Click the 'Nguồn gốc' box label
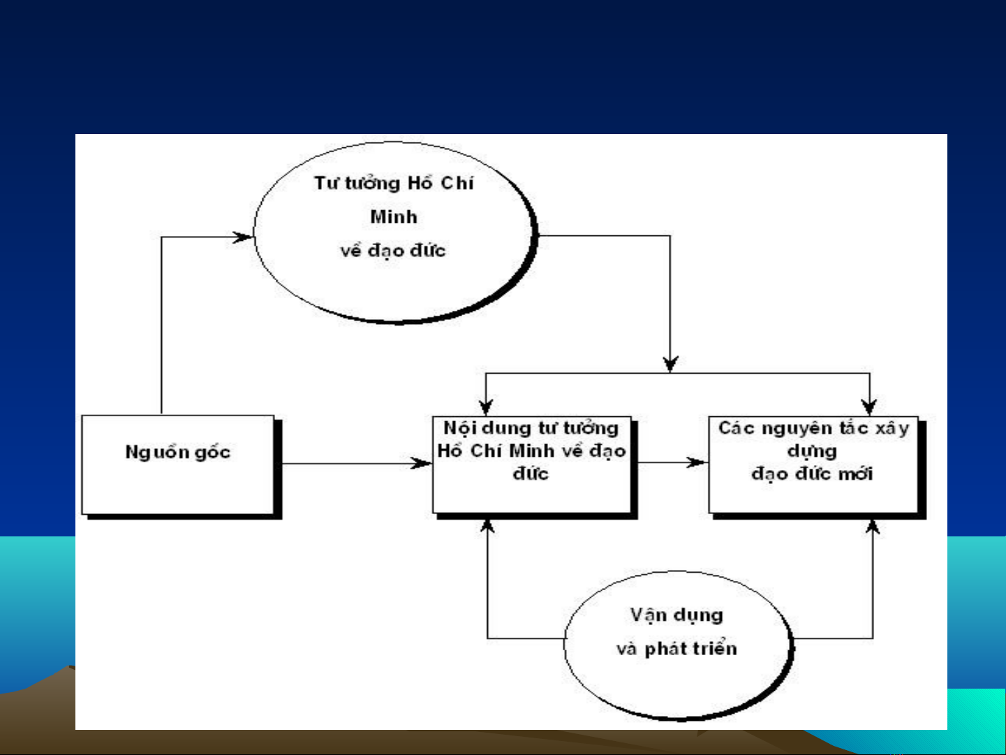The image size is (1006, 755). point(178,453)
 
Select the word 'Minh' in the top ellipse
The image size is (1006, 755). point(394,217)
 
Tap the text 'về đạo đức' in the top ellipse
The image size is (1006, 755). point(393,251)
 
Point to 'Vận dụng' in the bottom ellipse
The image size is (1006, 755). point(676,615)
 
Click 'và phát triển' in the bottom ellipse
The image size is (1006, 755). point(676,649)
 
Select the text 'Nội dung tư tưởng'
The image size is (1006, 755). point(531,428)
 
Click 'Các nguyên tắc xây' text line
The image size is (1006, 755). point(814,428)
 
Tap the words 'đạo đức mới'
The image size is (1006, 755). point(812,474)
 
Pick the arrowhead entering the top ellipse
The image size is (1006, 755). point(243,237)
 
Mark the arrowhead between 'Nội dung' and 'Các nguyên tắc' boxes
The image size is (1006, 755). point(697,462)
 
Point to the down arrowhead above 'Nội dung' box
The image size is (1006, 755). point(487,406)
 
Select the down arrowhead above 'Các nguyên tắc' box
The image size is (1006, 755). point(869,406)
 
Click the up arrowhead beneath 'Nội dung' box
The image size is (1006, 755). point(487,526)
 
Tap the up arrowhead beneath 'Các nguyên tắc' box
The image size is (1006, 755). point(873,527)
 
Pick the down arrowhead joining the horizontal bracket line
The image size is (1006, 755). point(670,363)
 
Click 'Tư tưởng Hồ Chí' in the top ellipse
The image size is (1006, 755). point(394,184)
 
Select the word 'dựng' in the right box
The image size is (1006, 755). point(812,451)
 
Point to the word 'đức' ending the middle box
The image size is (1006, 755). point(531,474)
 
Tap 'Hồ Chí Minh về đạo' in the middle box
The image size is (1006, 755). point(531,451)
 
